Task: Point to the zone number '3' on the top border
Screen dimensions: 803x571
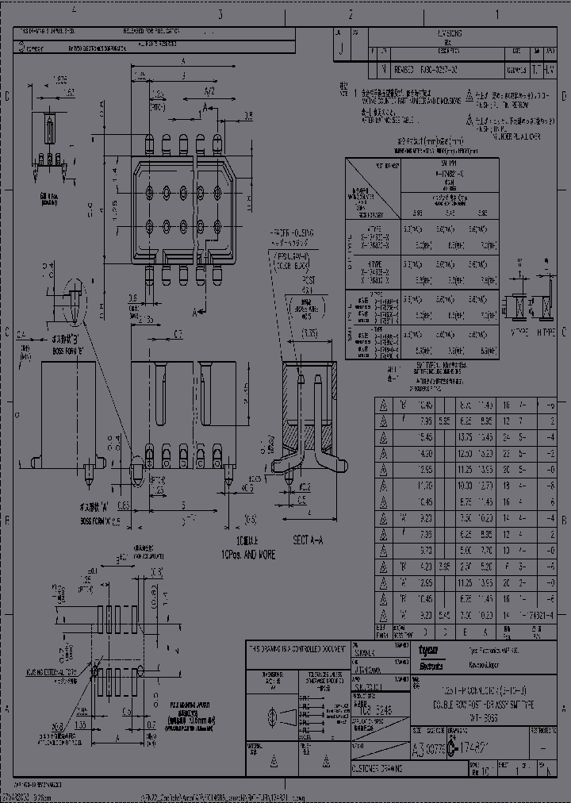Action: pos(220,14)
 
